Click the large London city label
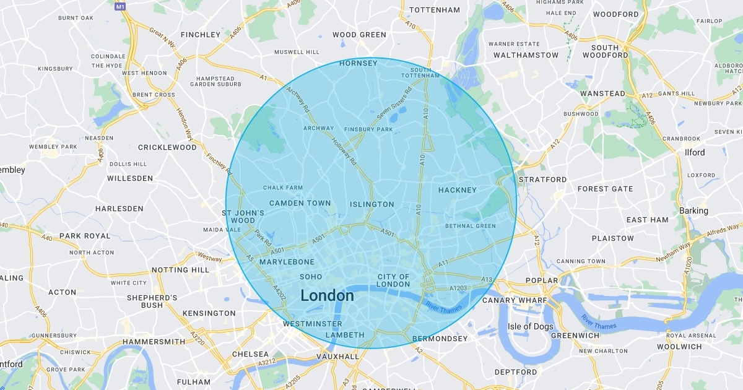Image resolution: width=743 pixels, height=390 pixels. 327,295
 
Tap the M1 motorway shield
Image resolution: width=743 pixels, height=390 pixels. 120,6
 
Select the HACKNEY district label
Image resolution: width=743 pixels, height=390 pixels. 457,190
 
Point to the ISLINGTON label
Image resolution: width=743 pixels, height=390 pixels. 371,204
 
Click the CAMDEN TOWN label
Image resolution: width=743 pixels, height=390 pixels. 300,203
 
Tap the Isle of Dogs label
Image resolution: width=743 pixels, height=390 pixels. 528,326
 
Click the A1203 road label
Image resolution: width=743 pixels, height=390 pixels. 459,288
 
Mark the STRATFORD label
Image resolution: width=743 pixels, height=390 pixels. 542,180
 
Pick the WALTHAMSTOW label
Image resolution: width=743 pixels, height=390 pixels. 526,55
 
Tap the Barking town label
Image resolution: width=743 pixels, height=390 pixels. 693,210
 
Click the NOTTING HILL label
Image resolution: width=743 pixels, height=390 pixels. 180,270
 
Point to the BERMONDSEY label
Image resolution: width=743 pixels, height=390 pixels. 440,339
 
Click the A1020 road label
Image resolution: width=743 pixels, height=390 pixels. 688,266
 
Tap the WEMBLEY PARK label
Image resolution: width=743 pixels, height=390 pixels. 53,147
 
